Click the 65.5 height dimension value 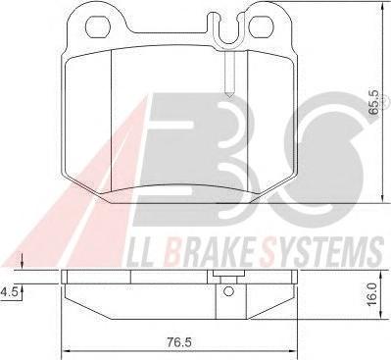click(x=373, y=102)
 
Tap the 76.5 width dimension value click(x=178, y=342)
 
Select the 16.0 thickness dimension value click(x=372, y=294)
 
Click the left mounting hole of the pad click(x=97, y=26)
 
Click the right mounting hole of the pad click(x=261, y=26)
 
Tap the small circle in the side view click(x=228, y=291)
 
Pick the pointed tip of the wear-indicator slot click(x=230, y=97)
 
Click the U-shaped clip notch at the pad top click(x=228, y=31)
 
